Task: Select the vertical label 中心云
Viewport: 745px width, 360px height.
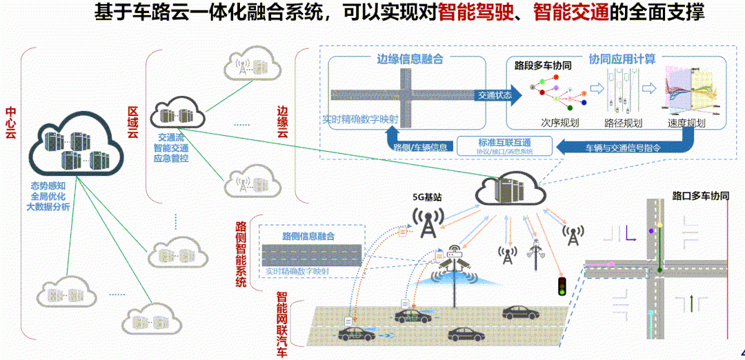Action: coord(11,123)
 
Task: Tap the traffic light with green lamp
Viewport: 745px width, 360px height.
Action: coord(562,286)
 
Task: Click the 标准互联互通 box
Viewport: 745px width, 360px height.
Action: coord(508,143)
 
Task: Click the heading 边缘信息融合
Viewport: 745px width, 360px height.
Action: coord(409,59)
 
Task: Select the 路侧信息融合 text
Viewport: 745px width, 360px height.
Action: coord(308,236)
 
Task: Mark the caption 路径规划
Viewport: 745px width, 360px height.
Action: coord(623,123)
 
